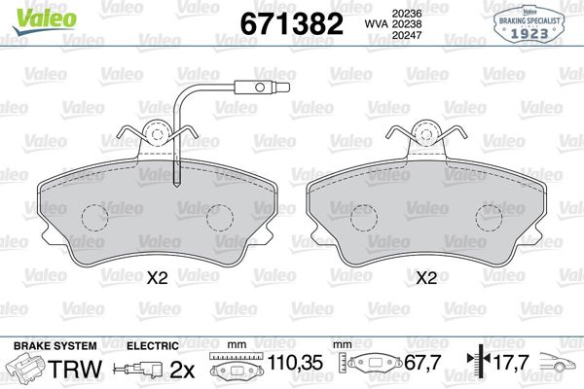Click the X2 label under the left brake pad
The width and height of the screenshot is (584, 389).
pos(157,278)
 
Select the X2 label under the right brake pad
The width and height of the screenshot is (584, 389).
pos(425,278)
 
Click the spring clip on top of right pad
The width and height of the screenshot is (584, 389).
pos(424,134)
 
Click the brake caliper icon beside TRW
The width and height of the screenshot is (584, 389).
pos(27,369)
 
